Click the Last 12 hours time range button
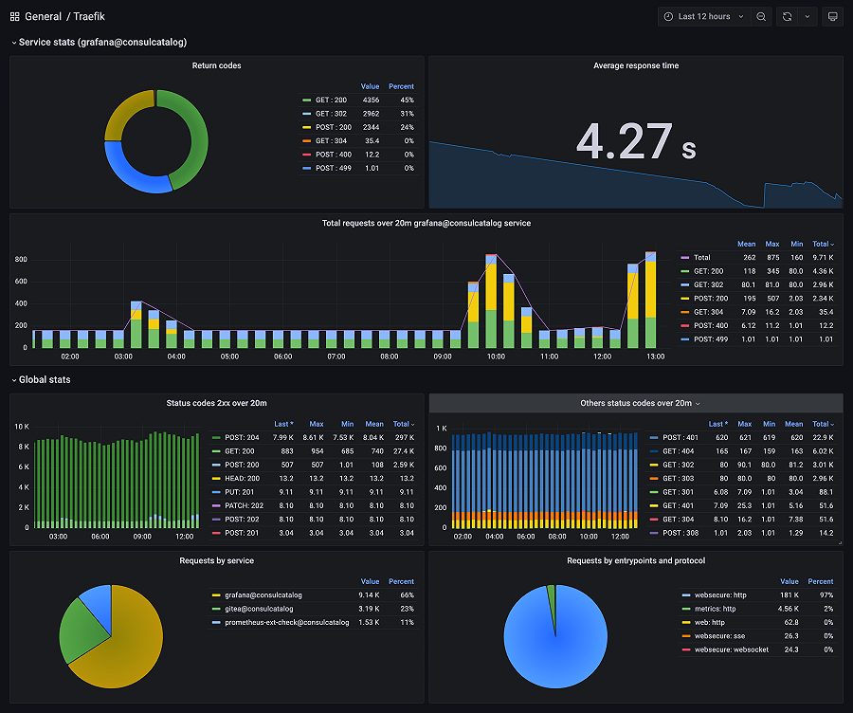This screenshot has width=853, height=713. (703, 17)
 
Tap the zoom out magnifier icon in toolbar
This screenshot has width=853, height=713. (761, 17)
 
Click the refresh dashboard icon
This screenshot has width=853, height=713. (787, 17)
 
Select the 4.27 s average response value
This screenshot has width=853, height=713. (636, 142)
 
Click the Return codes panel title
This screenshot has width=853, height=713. (216, 65)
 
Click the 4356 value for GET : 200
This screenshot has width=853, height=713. (371, 100)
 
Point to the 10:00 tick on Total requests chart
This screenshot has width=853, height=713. (496, 357)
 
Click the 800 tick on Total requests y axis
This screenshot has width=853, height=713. (21, 259)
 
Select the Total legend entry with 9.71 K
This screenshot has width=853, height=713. (702, 257)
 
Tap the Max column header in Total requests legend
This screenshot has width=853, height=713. (772, 244)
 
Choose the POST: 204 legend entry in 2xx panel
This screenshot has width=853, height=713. (244, 438)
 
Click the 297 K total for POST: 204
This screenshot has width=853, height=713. (403, 438)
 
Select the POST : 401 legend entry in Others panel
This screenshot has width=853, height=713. (681, 438)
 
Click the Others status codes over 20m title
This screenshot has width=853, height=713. (636, 403)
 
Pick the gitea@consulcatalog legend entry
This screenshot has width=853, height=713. (258, 609)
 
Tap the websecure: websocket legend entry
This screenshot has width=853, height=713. (731, 649)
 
